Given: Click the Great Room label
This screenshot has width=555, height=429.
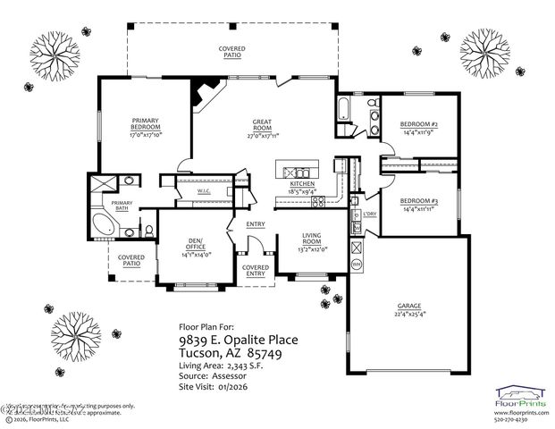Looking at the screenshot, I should coord(263,125).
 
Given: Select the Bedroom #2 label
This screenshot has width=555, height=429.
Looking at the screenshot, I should coord(418,125).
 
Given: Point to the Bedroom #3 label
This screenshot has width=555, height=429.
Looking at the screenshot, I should coord(418,202).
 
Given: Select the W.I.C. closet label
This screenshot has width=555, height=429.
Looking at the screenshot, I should coord(202,189).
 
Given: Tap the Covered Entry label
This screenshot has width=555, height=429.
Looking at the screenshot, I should coord(256,270).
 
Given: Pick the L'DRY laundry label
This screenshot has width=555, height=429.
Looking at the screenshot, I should coord(368,214).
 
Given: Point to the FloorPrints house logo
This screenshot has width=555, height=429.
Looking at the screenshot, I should coord(522,392).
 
